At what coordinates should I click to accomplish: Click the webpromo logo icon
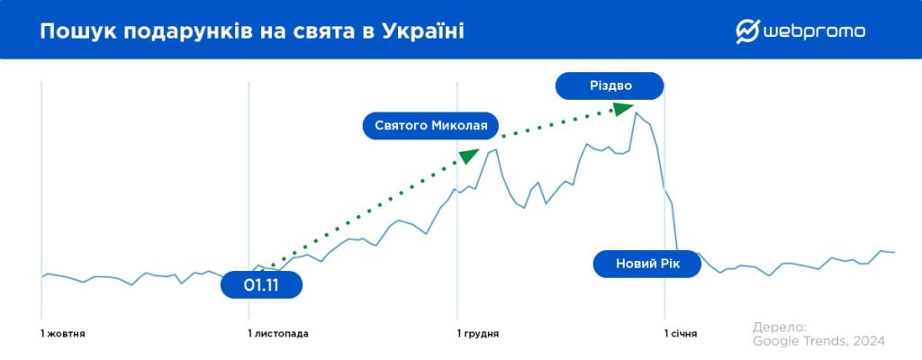click(748, 31)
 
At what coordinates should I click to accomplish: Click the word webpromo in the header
click(814, 31)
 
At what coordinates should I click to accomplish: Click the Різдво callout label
click(610, 86)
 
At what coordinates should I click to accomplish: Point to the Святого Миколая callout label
click(430, 125)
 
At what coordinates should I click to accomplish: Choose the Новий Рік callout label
click(646, 264)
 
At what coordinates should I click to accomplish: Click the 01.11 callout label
click(261, 284)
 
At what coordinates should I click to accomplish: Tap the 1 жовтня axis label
click(63, 334)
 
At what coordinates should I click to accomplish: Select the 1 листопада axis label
click(278, 334)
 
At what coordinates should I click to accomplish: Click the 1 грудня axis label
click(478, 334)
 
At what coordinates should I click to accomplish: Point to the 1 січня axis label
click(681, 334)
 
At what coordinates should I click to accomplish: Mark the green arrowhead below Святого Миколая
click(469, 155)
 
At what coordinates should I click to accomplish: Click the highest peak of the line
click(636, 112)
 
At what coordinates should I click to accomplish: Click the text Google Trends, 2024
click(818, 341)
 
